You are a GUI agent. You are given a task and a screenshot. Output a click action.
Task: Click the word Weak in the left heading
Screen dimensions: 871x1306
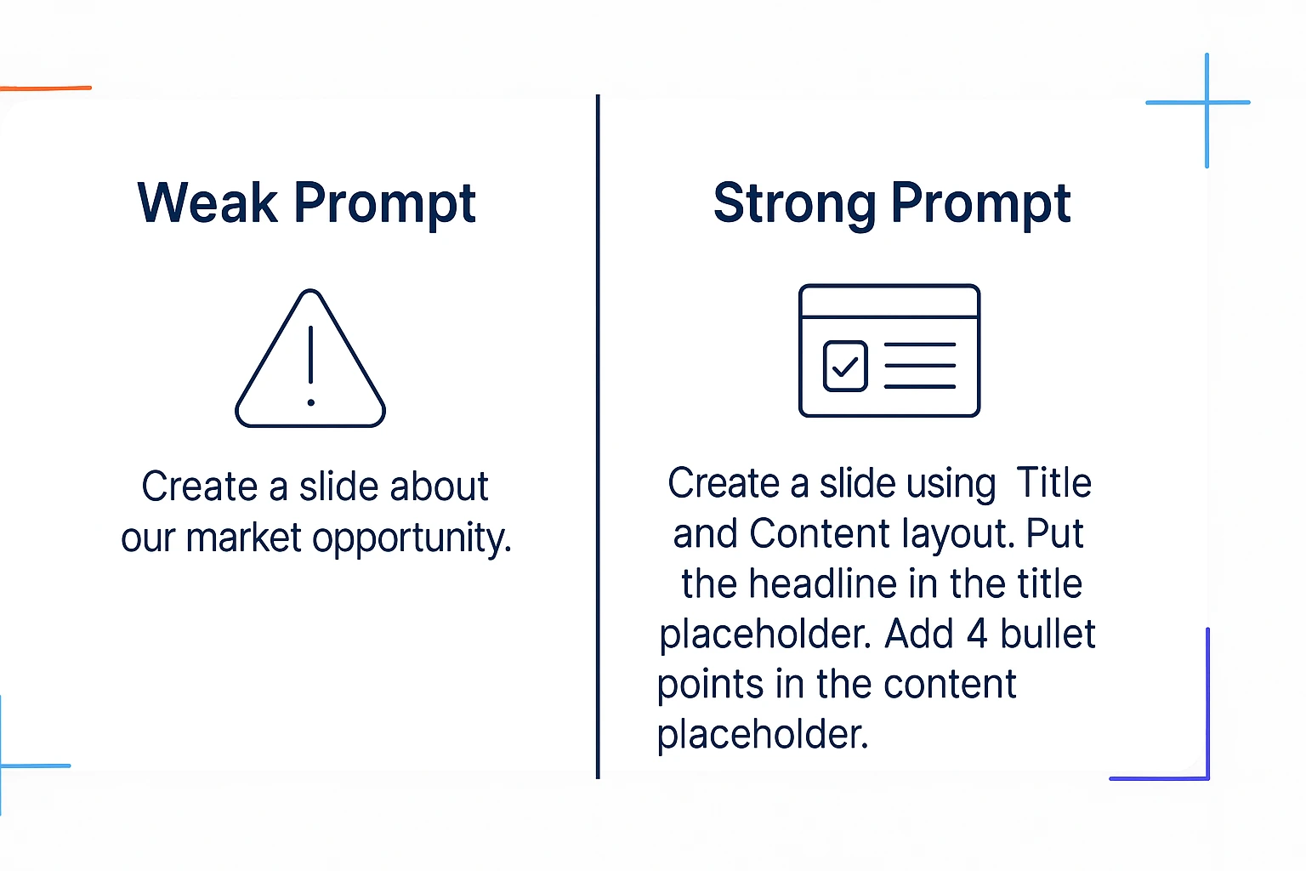(x=207, y=203)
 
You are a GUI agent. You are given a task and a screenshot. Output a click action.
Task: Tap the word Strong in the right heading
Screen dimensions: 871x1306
(x=794, y=204)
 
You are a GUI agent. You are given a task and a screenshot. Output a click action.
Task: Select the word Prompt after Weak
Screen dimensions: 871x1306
(x=384, y=204)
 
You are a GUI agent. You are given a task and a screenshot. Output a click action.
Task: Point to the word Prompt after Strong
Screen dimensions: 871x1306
(x=980, y=204)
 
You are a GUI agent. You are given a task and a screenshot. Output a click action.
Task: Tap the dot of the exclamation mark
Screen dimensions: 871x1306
(x=310, y=402)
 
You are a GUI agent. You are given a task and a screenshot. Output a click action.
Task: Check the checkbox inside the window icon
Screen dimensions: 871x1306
(x=845, y=366)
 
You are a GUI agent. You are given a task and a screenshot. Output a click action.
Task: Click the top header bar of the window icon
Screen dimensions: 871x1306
(x=889, y=301)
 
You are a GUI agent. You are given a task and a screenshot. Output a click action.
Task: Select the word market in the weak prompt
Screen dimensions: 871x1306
(x=243, y=538)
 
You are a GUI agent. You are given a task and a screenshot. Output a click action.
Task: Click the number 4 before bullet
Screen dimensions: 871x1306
(x=977, y=635)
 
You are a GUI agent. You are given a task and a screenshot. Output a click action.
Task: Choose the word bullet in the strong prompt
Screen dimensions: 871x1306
(x=1048, y=635)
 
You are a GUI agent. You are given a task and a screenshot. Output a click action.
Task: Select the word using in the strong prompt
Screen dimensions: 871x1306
(x=951, y=485)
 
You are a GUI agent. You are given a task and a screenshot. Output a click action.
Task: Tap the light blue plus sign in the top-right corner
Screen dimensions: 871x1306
(x=1206, y=104)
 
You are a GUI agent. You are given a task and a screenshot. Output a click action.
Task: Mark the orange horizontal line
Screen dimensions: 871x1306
(x=46, y=88)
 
